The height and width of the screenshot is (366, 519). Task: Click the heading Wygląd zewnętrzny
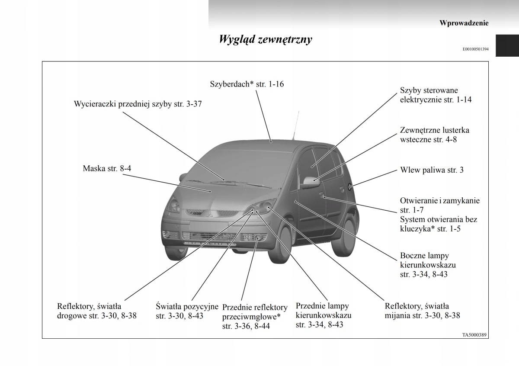click(265, 40)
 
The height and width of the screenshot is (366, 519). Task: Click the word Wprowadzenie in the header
click(464, 23)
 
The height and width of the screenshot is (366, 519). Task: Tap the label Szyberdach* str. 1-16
click(247, 84)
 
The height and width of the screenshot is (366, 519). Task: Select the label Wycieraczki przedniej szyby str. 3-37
click(138, 104)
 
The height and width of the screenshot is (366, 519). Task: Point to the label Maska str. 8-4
click(107, 168)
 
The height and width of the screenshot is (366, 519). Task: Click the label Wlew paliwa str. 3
click(432, 170)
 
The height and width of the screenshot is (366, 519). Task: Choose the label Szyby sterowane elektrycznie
click(436, 95)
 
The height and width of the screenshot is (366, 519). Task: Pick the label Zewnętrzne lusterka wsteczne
click(434, 135)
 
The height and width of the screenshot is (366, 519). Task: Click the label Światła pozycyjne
click(187, 311)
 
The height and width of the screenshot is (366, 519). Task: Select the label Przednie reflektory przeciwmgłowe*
click(254, 317)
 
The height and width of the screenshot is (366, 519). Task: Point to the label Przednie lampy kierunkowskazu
click(323, 315)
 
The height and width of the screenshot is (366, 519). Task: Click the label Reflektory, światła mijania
click(422, 311)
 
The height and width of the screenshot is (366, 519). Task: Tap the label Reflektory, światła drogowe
click(96, 311)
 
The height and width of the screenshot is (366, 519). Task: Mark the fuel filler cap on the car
click(349, 187)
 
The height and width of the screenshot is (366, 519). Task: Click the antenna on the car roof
click(295, 125)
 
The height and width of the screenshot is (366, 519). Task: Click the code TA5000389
click(474, 334)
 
